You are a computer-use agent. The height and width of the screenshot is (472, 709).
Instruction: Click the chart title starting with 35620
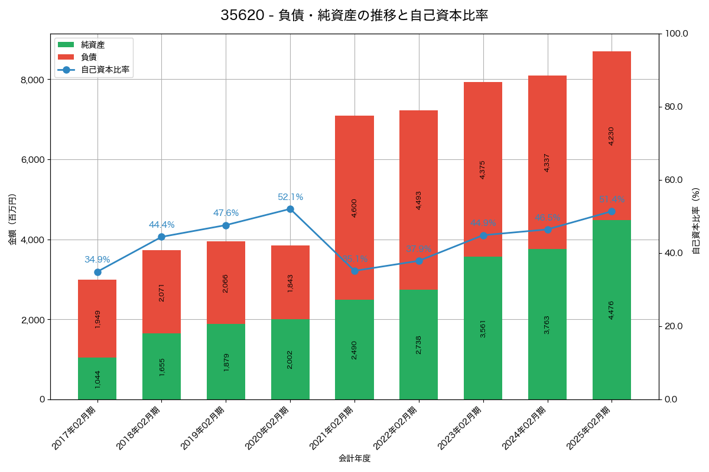(354, 15)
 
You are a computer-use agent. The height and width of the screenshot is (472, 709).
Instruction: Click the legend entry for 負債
(89, 57)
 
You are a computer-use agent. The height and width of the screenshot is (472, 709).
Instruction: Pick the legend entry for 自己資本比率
(105, 70)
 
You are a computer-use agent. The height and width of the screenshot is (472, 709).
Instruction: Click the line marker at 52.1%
(290, 209)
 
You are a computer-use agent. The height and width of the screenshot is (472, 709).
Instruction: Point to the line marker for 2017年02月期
(97, 272)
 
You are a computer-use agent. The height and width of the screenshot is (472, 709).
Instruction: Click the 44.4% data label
(161, 225)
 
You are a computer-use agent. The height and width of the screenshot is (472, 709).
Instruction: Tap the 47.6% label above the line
(226, 213)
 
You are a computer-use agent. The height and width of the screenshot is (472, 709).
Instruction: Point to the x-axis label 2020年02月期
(268, 428)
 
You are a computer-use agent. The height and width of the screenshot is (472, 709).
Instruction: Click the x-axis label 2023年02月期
(461, 428)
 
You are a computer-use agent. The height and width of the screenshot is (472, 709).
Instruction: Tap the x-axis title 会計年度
(354, 458)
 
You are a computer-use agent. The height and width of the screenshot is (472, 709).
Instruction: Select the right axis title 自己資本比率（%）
(696, 221)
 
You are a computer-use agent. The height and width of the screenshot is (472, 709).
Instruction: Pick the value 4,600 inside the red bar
(354, 208)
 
